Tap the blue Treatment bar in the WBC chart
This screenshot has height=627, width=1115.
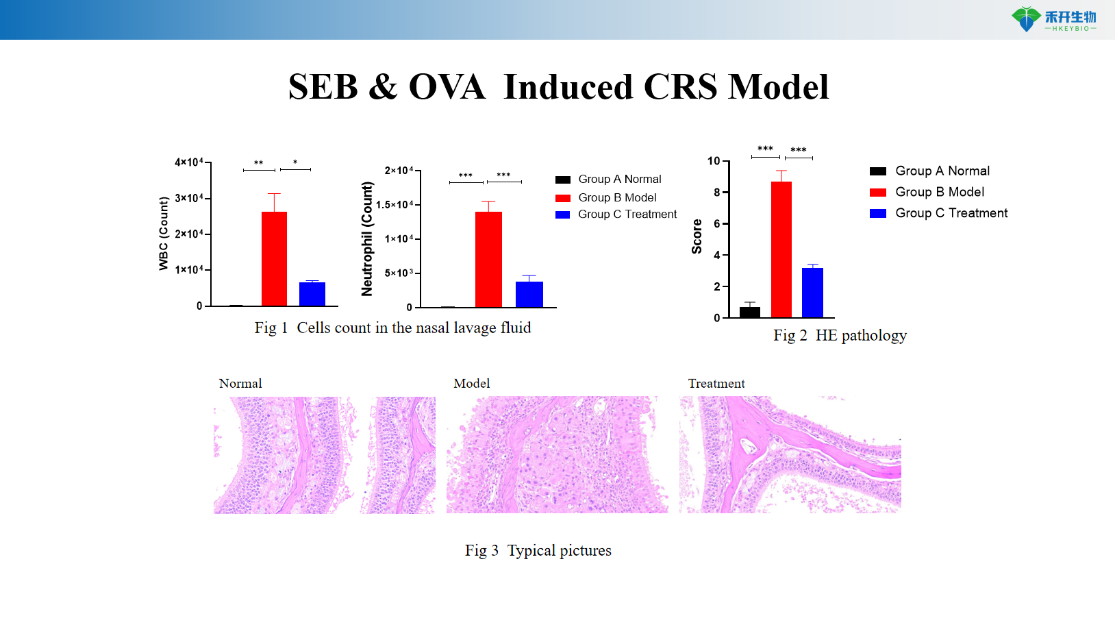[312, 294]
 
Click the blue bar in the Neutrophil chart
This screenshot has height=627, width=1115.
[529, 294]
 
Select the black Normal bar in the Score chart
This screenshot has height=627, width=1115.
[750, 312]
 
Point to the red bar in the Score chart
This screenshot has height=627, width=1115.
[781, 249]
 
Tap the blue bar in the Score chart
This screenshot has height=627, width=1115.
[813, 293]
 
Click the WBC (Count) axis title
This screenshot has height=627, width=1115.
[164, 234]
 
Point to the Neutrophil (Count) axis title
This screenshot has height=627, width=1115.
[367, 238]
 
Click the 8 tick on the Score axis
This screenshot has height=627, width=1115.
[716, 193]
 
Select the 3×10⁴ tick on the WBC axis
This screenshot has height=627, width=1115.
[188, 198]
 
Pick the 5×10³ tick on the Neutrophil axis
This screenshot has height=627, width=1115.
[399, 273]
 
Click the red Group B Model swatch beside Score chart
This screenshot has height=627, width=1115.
[878, 193]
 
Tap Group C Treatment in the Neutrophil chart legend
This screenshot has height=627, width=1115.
[627, 214]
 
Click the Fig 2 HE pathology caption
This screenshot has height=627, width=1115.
[840, 335]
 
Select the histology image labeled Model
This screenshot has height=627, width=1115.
[557, 454]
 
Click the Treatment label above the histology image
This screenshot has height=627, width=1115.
[716, 384]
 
